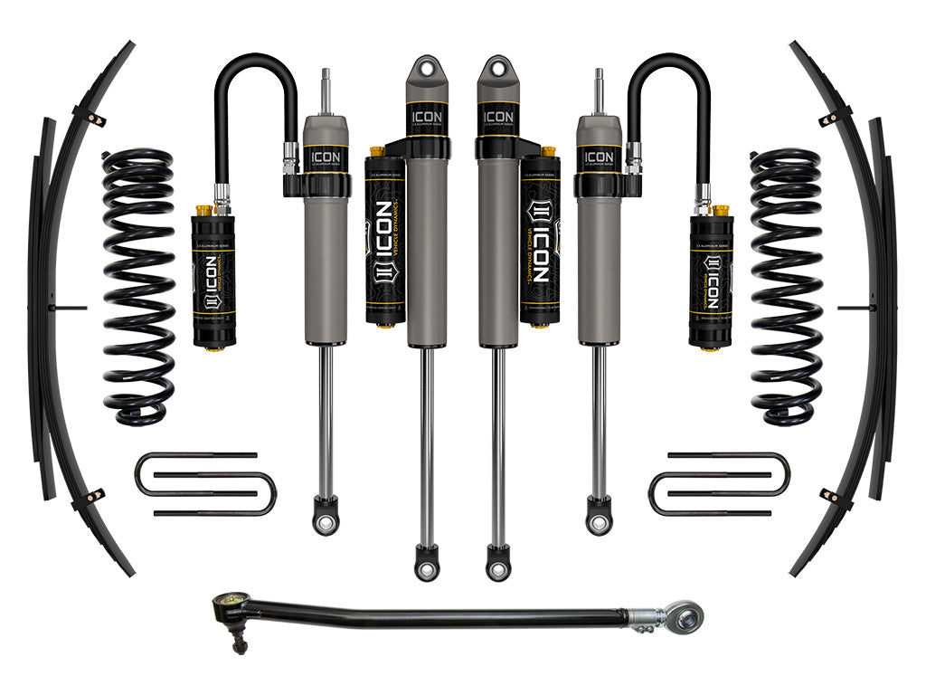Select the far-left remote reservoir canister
[x=214, y=281]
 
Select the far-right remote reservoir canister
[x=711, y=281]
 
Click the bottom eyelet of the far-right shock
[x=598, y=519]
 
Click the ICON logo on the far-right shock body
[x=599, y=157]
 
